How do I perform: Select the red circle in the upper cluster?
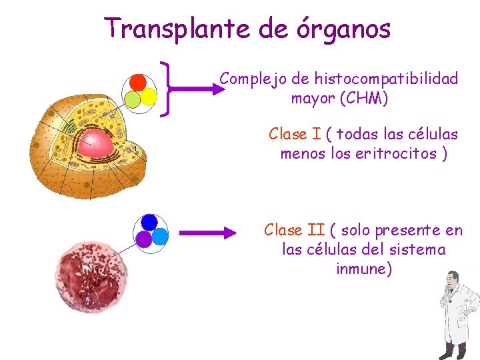[138, 82]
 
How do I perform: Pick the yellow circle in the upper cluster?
[149, 97]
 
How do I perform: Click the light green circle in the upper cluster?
[133, 99]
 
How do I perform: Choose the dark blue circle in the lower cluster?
[149, 221]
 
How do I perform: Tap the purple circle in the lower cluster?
[144, 238]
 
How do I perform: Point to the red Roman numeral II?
[316, 231]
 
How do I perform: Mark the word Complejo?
[254, 79]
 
